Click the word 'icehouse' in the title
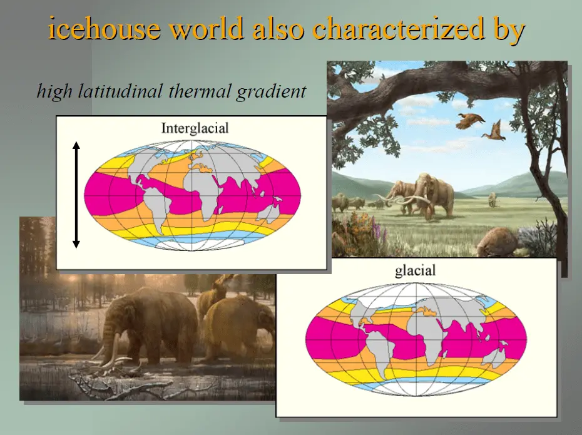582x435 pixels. tap(105, 28)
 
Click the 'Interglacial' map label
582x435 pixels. tap(195, 128)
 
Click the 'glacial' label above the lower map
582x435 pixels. tap(415, 270)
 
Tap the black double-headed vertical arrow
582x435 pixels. tap(76, 195)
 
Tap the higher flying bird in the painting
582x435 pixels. tap(470, 121)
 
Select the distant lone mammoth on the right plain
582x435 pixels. tap(492, 199)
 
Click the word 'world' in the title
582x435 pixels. tap(207, 28)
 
